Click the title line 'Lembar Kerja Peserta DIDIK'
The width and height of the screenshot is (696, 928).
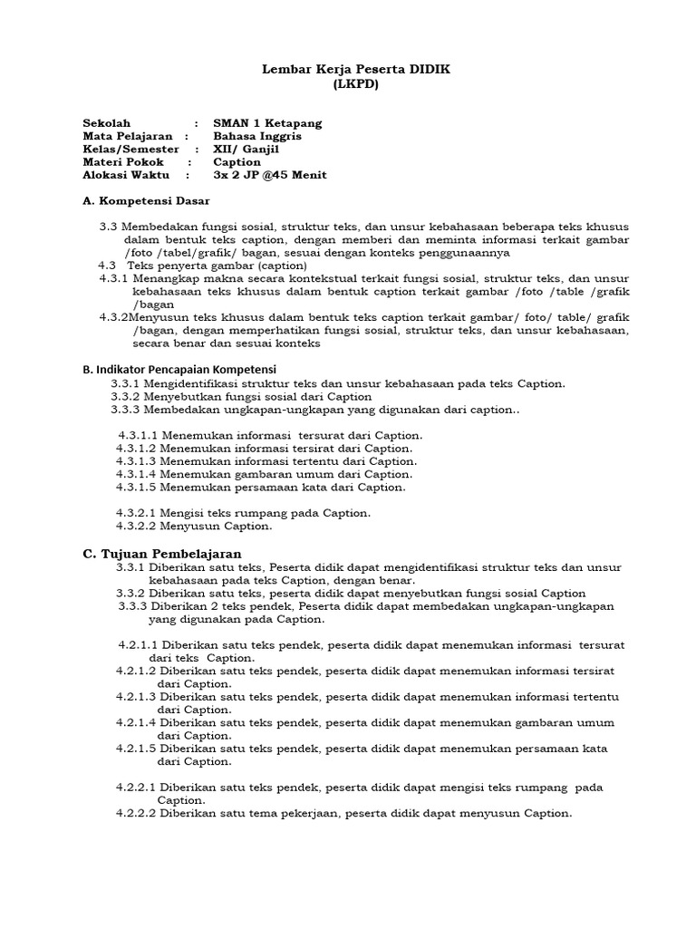(348, 70)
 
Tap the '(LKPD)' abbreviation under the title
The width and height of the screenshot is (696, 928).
(348, 84)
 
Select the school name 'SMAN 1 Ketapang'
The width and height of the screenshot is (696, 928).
(267, 123)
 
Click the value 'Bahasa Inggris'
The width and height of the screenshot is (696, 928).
(257, 136)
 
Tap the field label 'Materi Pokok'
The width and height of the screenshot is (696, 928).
(123, 162)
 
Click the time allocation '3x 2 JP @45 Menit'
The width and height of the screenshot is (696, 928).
(269, 175)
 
